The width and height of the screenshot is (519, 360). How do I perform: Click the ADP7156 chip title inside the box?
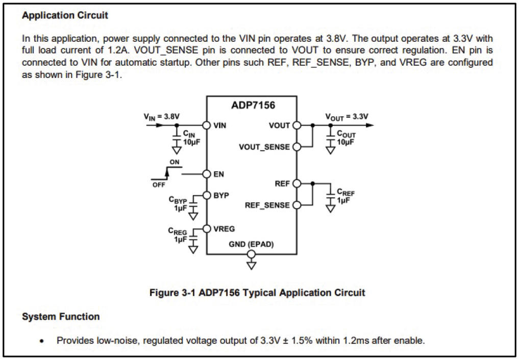click(x=253, y=105)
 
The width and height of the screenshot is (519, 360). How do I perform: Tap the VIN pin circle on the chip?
click(x=207, y=125)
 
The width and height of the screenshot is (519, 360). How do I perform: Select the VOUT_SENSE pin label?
click(x=264, y=147)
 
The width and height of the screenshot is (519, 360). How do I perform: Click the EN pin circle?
click(x=207, y=174)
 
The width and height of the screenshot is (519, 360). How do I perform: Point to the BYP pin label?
click(x=221, y=195)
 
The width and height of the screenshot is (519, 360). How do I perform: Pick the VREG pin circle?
click(x=207, y=229)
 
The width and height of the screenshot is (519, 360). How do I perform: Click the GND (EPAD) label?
click(x=251, y=244)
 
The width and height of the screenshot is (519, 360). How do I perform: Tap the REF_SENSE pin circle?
click(x=297, y=205)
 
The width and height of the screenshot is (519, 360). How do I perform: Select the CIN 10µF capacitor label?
click(x=191, y=138)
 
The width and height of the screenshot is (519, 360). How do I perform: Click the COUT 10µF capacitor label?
click(x=346, y=138)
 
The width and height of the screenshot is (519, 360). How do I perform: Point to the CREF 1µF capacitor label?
click(x=345, y=196)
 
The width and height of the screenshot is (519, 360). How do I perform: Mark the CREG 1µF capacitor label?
click(x=178, y=235)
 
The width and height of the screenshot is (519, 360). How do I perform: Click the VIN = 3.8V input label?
click(x=162, y=117)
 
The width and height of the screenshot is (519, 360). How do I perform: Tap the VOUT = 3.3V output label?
click(x=347, y=117)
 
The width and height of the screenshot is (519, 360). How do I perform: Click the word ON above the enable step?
click(x=175, y=162)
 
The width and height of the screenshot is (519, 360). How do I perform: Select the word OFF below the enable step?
click(x=159, y=185)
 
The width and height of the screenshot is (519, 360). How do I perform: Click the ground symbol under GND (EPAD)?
click(x=252, y=266)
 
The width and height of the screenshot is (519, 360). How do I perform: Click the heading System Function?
click(x=61, y=316)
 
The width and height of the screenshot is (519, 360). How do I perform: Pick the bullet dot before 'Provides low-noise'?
click(x=41, y=341)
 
